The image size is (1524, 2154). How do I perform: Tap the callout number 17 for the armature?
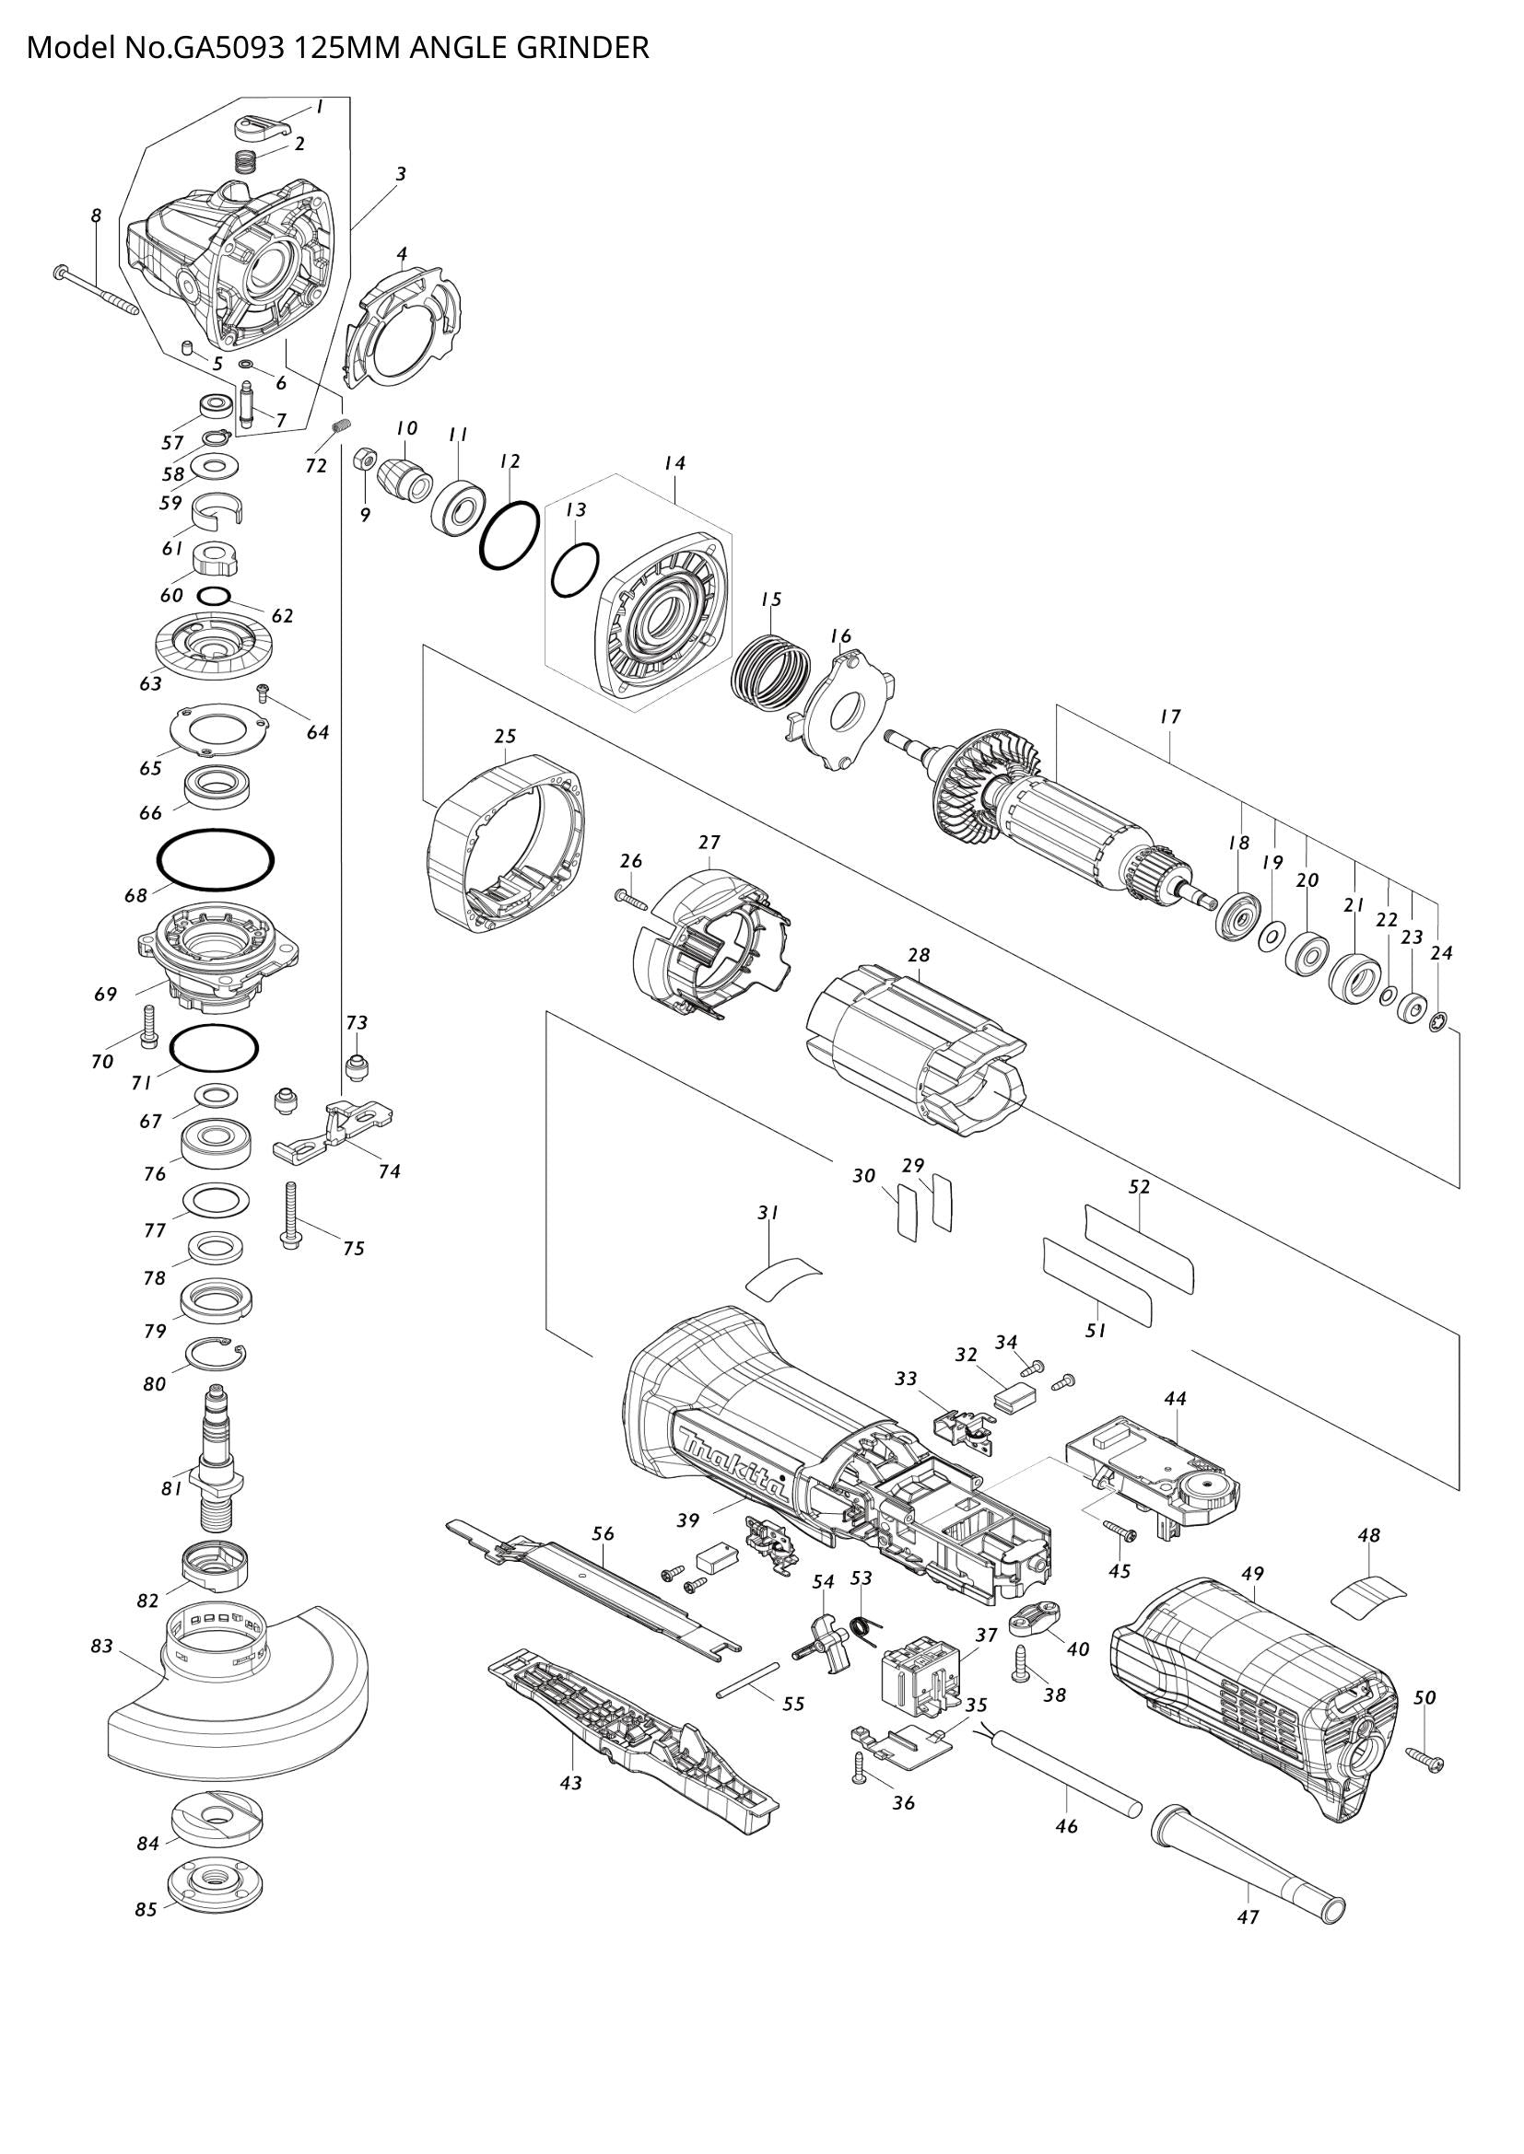tap(1169, 716)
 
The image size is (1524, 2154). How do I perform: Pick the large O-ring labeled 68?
tap(216, 858)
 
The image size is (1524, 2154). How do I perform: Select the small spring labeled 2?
tap(245, 160)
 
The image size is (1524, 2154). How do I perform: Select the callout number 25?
tap(505, 737)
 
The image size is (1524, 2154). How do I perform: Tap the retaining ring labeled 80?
tap(216, 1356)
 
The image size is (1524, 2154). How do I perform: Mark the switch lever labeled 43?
tap(633, 1736)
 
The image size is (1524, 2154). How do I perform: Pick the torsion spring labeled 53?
tap(862, 1631)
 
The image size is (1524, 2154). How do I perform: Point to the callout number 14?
tap(674, 462)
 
